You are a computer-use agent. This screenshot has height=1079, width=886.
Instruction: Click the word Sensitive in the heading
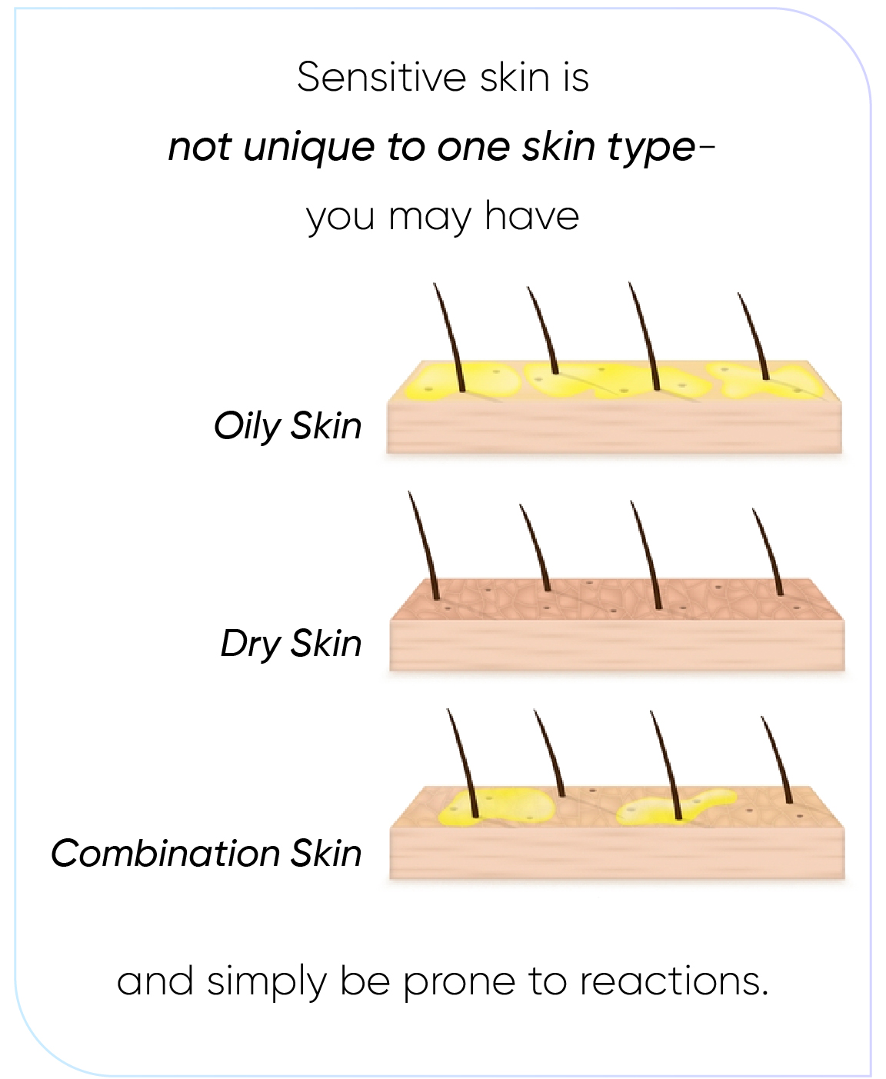381,78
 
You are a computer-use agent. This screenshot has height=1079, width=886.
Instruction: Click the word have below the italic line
531,216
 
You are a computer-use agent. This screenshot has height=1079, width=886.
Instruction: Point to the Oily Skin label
288,426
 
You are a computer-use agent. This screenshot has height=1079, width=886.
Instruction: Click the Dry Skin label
291,644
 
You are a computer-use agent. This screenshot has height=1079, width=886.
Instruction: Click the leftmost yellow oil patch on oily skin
462,381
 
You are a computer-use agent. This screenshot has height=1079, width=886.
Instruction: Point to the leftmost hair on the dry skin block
424,545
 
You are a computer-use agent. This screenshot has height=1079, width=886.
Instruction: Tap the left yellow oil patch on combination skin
496,807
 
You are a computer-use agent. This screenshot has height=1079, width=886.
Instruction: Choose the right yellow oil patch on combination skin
676,808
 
